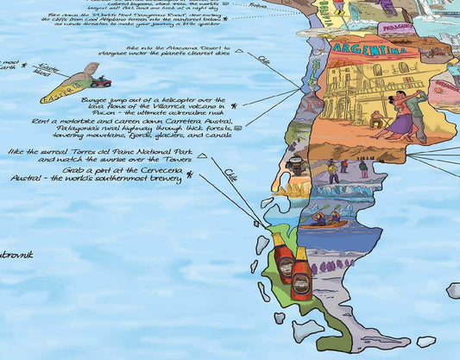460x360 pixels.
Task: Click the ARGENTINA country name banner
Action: click(367, 47)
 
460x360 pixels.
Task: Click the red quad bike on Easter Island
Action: click(102, 83)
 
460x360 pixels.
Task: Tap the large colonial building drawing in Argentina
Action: click(354, 91)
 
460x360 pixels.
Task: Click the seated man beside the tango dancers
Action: click(377, 116)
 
